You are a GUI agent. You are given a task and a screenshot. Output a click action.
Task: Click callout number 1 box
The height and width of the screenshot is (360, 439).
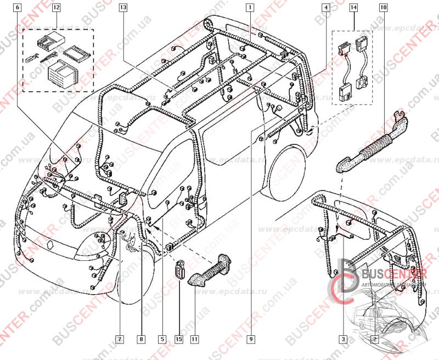tap(249, 8)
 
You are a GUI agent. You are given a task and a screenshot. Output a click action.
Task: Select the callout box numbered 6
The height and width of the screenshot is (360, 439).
tap(17, 8)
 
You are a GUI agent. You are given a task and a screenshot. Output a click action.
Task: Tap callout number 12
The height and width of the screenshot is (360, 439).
tap(57, 8)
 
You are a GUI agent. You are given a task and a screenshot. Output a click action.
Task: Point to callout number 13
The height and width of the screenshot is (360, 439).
tap(122, 8)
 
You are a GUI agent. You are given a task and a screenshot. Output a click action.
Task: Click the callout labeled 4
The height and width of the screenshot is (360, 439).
tap(326, 8)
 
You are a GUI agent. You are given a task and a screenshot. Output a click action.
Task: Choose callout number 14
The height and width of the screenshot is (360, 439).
tap(353, 8)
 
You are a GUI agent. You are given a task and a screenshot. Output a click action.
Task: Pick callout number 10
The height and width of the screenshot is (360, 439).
tap(382, 8)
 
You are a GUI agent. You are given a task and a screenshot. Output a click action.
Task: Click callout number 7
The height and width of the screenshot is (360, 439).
tap(119, 339)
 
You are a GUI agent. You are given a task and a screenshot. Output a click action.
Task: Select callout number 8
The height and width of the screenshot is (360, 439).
tap(141, 339)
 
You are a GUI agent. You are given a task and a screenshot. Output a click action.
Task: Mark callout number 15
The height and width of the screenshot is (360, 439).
tap(178, 339)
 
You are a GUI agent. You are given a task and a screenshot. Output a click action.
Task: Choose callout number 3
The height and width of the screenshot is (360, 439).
tap(343, 339)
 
